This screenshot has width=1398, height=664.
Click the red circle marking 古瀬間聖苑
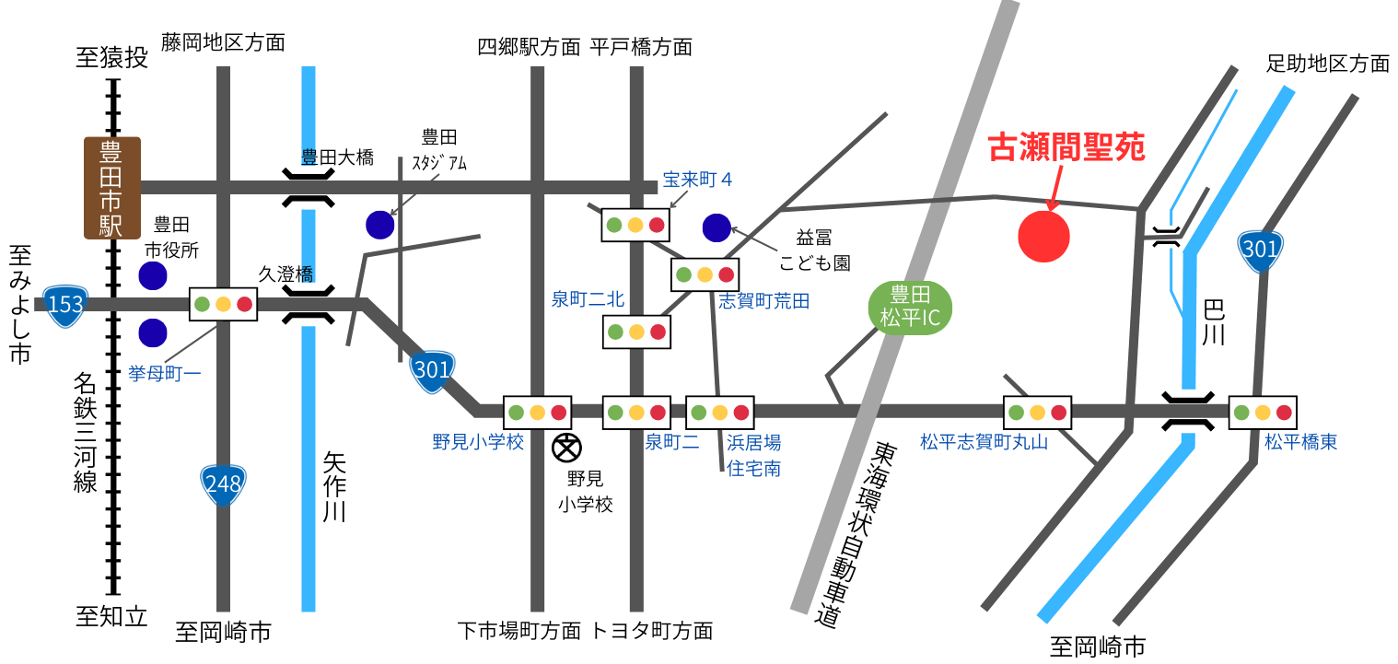(x=1043, y=237)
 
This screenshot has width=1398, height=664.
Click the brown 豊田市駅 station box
(x=112, y=188)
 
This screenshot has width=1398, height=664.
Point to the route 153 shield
(x=65, y=305)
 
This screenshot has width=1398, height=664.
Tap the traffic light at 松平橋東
(x=1263, y=412)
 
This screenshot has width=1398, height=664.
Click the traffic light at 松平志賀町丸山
(x=1037, y=412)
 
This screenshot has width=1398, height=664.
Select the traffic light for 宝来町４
(x=635, y=225)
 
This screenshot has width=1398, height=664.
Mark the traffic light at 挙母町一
(x=223, y=304)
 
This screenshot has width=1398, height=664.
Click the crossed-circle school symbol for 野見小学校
(x=566, y=448)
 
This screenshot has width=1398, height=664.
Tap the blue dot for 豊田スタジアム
(x=379, y=224)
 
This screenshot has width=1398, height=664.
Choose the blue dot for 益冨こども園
(x=716, y=227)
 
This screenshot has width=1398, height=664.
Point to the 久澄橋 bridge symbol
(x=308, y=304)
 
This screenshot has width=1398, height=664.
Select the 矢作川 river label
(x=334, y=486)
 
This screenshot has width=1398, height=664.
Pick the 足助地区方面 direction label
(x=1327, y=64)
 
